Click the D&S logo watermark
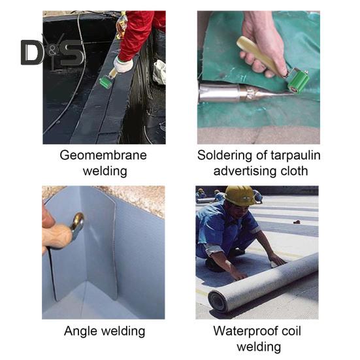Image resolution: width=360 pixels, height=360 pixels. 52,52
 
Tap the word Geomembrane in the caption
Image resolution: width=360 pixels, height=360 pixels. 103,155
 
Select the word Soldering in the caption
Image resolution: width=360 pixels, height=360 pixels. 225,155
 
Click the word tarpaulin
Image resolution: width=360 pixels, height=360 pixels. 295,156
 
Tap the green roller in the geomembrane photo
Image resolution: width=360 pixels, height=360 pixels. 106,82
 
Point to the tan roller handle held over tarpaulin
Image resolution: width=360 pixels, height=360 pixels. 260,54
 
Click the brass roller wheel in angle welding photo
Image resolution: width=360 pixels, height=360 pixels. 78,221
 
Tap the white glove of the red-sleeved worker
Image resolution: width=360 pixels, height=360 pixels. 123,64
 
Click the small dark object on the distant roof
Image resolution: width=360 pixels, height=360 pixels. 297,221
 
